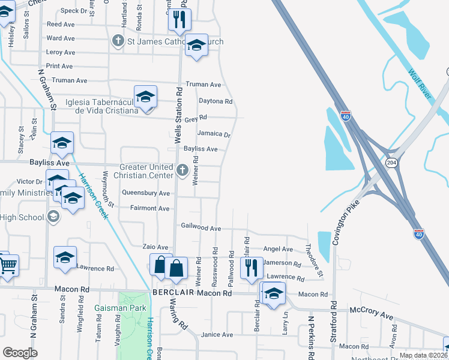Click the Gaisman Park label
click(120, 308)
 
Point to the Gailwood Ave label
click(201, 228)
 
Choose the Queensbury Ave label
click(146, 193)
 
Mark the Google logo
click(20, 353)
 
